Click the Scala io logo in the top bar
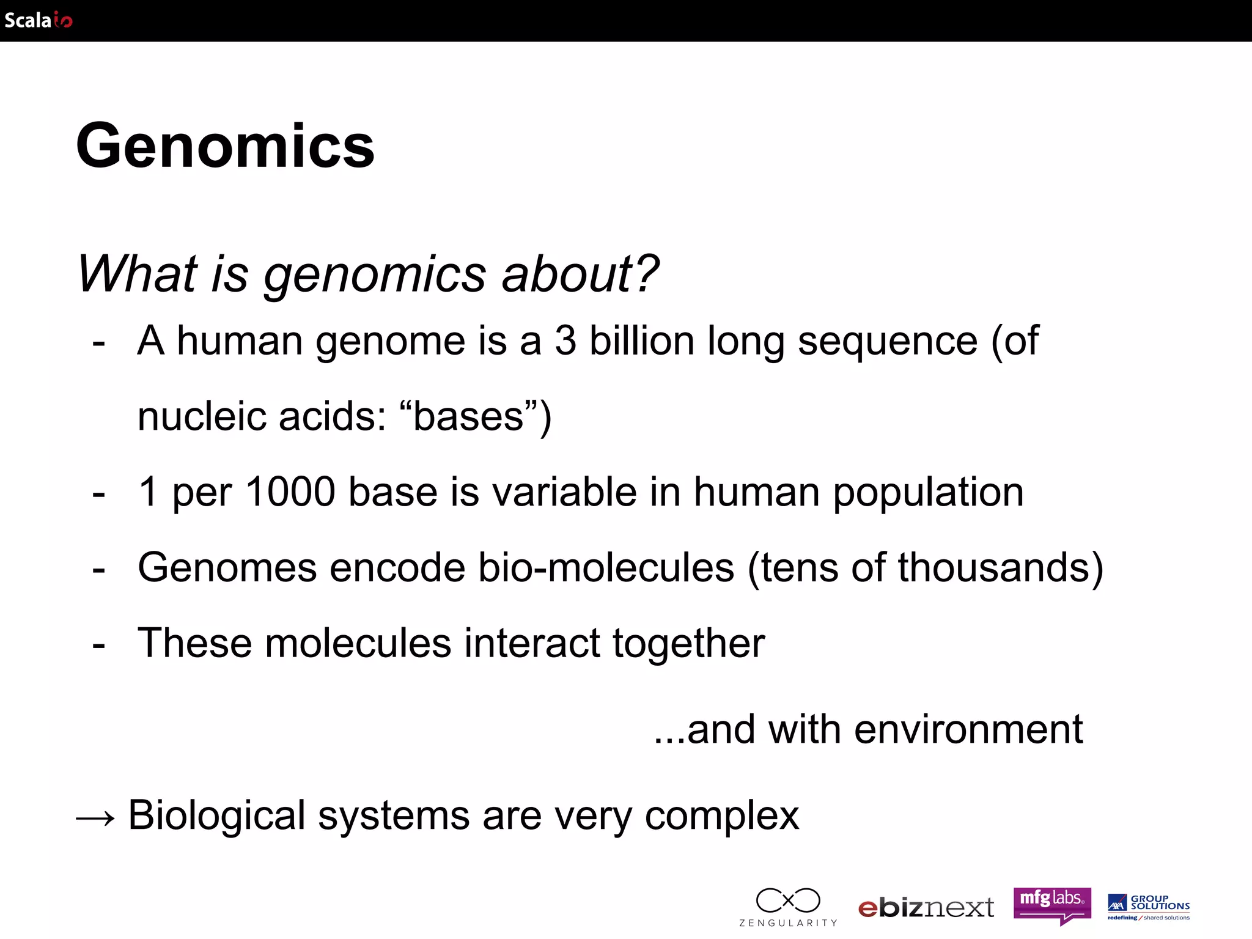click(x=38, y=20)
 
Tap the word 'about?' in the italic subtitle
click(x=580, y=273)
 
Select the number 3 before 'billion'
click(x=565, y=341)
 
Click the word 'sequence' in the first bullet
click(x=887, y=342)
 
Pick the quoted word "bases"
click(x=468, y=416)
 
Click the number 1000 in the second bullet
click(x=290, y=492)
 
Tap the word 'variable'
click(x=564, y=492)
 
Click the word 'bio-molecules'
click(x=606, y=568)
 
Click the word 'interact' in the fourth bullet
click(x=532, y=643)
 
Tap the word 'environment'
click(x=968, y=729)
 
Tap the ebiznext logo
click(x=926, y=908)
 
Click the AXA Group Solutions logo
click(x=1149, y=907)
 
